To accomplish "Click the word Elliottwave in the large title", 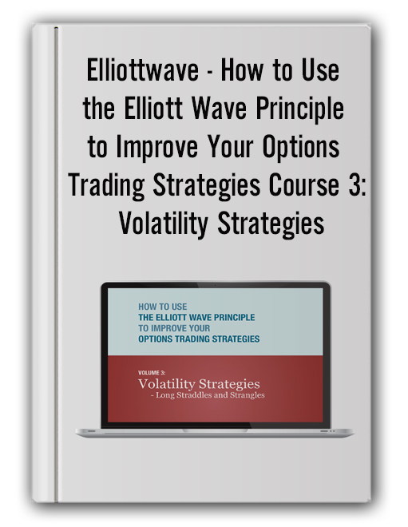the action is (143, 70).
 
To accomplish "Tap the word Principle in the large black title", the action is (299, 109).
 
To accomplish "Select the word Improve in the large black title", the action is (157, 147).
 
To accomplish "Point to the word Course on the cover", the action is (304, 185).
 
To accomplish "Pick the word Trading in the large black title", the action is (106, 185).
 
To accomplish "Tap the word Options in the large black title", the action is (301, 147).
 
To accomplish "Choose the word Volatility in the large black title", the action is (164, 224).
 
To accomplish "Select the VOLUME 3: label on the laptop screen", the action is (152, 372).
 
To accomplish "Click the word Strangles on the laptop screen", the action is (248, 395).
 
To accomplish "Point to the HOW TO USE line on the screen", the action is (163, 307).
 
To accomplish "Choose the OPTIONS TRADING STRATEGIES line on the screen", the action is (199, 339).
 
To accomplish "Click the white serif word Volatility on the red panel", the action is (167, 384).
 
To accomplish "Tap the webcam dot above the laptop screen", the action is (215, 285).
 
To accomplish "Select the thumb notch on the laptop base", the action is (215, 430).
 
